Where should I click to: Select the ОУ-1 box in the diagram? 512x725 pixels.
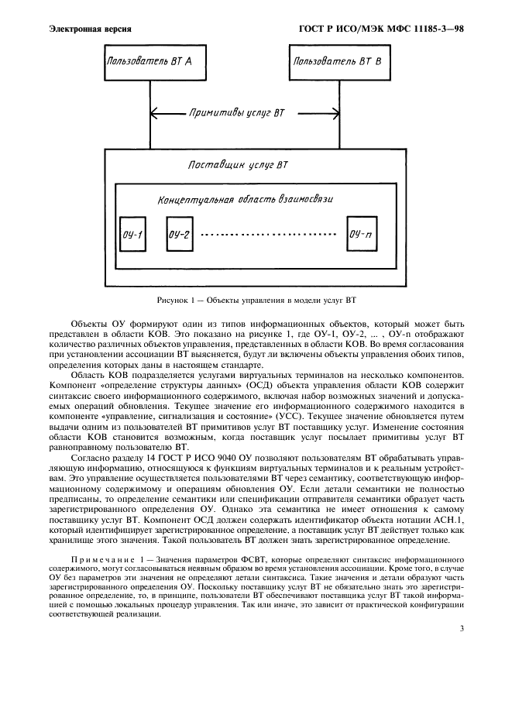click(132, 235)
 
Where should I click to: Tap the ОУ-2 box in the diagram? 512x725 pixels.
click(179, 235)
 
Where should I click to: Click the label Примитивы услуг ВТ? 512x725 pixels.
click(237, 113)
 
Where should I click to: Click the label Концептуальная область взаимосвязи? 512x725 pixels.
click(246, 200)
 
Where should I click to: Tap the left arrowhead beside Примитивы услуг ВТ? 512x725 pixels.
click(155, 113)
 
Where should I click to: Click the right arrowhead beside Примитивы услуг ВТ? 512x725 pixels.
click(325, 113)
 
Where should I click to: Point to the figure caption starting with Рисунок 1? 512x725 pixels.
click(256, 300)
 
